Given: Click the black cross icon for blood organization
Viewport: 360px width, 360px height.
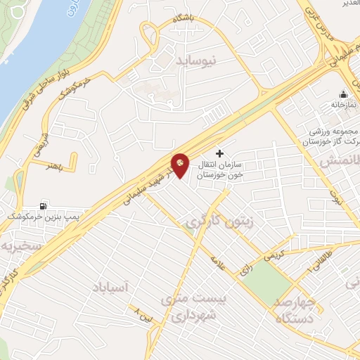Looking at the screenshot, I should point(220,153).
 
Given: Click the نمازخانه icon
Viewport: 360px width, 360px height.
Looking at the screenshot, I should point(343,96).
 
